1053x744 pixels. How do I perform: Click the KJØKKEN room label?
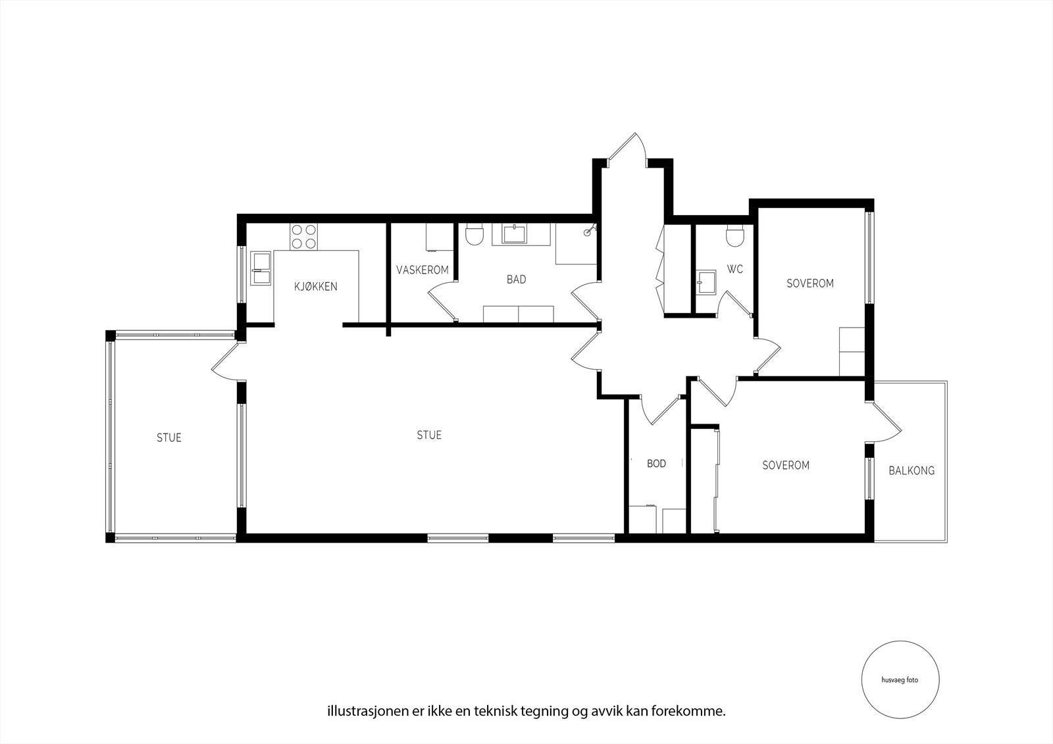click(316, 286)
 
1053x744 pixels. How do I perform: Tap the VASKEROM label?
click(423, 270)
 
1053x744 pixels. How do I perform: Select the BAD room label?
click(516, 280)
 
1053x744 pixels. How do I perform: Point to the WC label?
click(735, 269)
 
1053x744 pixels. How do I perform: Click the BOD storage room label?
click(656, 464)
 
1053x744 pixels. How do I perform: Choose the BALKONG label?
click(911, 471)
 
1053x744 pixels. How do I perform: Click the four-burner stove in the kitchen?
click(303, 237)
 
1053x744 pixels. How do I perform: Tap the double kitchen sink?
click(262, 268)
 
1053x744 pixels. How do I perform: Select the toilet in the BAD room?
click(474, 235)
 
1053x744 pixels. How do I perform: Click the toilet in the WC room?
click(735, 236)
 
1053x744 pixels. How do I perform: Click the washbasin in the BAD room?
click(513, 234)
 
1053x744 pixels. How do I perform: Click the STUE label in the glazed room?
click(168, 437)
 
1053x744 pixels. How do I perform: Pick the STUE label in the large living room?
click(429, 435)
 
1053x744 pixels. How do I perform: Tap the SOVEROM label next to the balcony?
click(786, 465)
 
